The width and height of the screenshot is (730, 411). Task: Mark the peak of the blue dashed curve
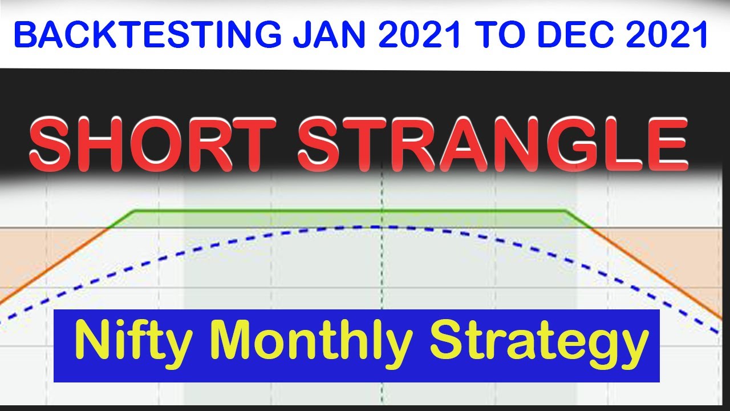pos(376,227)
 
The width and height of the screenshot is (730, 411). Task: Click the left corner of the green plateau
pos(135,211)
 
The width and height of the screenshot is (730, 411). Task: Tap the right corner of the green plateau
pos(565,211)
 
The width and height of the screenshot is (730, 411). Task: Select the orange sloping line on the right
pos(656,274)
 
